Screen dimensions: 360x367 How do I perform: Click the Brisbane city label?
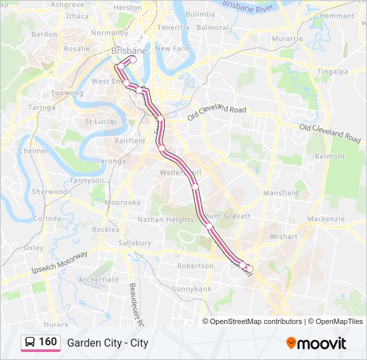coord(128,51)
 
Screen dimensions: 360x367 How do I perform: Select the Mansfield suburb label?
coord(280,193)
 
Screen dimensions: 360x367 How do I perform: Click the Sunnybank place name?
coord(192,289)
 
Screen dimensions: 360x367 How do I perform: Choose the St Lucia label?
coord(98,121)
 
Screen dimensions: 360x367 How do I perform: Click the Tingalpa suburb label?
coord(333,71)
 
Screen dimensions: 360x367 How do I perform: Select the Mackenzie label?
coord(326,219)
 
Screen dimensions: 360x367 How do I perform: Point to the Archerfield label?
coord(98,280)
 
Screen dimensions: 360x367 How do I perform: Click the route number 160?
coord(47,342)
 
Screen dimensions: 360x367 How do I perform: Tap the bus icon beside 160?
coord(30,343)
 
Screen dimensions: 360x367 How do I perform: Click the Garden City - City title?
coord(107,343)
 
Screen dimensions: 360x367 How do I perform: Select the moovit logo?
coord(316,343)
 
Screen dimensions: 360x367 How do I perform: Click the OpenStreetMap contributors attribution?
coord(256,321)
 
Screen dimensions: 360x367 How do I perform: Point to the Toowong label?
coord(67,93)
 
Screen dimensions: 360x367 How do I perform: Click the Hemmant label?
coord(337,15)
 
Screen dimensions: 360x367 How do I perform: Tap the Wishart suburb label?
coord(284,236)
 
